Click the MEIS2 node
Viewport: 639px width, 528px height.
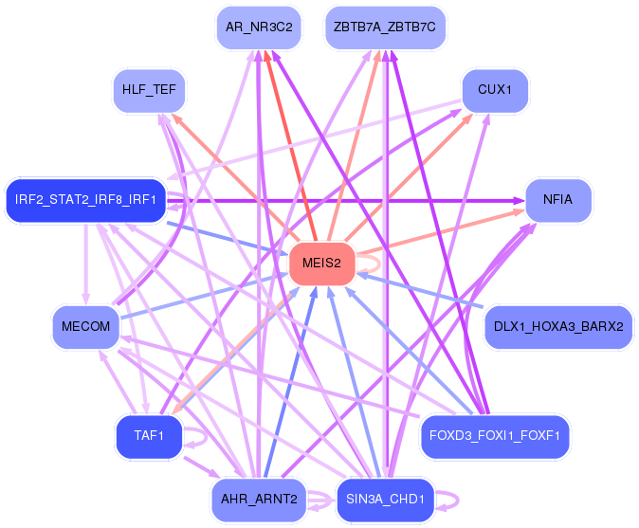(x=322, y=264)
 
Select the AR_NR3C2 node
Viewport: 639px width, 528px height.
(x=259, y=27)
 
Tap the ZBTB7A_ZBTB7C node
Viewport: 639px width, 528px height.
(x=385, y=27)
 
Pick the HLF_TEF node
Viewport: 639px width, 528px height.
(x=149, y=90)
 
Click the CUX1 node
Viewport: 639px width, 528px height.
(x=495, y=90)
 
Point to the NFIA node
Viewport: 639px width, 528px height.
(x=558, y=200)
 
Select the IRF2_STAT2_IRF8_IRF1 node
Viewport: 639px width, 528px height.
(x=85, y=200)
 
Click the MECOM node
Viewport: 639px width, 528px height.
(x=85, y=327)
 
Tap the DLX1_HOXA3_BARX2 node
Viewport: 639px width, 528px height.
(x=558, y=327)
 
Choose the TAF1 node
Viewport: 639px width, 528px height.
(x=149, y=436)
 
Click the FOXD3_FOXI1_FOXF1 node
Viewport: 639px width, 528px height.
(x=495, y=436)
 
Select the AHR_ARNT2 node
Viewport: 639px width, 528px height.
(x=259, y=500)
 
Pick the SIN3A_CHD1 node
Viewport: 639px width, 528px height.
(x=385, y=500)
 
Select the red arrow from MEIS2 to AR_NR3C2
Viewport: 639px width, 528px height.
(x=291, y=145)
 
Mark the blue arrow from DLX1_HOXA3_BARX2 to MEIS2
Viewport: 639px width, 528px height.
(x=420, y=290)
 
